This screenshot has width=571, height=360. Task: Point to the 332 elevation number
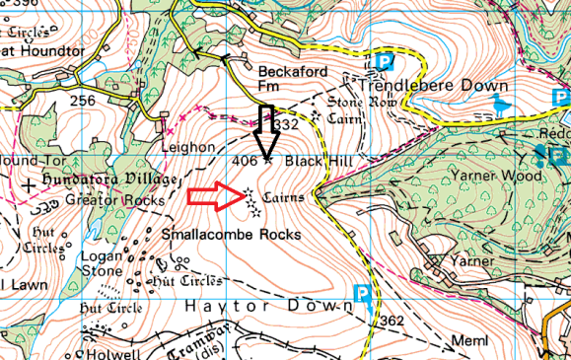(285, 125)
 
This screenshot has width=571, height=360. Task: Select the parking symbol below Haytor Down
(362, 293)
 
